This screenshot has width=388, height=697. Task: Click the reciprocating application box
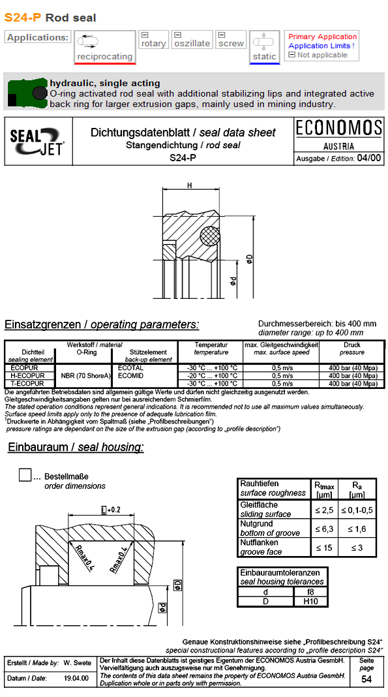click(104, 47)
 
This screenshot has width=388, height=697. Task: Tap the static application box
click(264, 47)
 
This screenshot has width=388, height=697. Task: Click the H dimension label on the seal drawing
click(189, 186)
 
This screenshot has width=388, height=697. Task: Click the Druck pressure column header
click(351, 348)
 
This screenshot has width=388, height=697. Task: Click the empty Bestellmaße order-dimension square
click(25, 475)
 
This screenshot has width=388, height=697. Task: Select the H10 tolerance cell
click(310, 601)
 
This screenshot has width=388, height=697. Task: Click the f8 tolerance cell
click(310, 592)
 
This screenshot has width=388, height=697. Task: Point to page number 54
click(367, 680)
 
